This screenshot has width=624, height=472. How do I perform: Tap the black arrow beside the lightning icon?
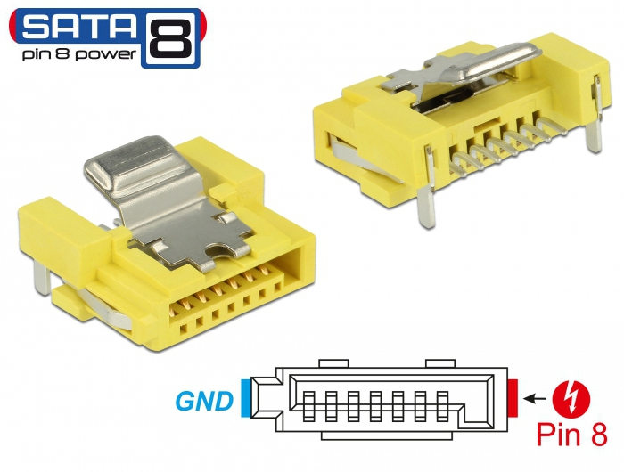(x=534, y=396)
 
